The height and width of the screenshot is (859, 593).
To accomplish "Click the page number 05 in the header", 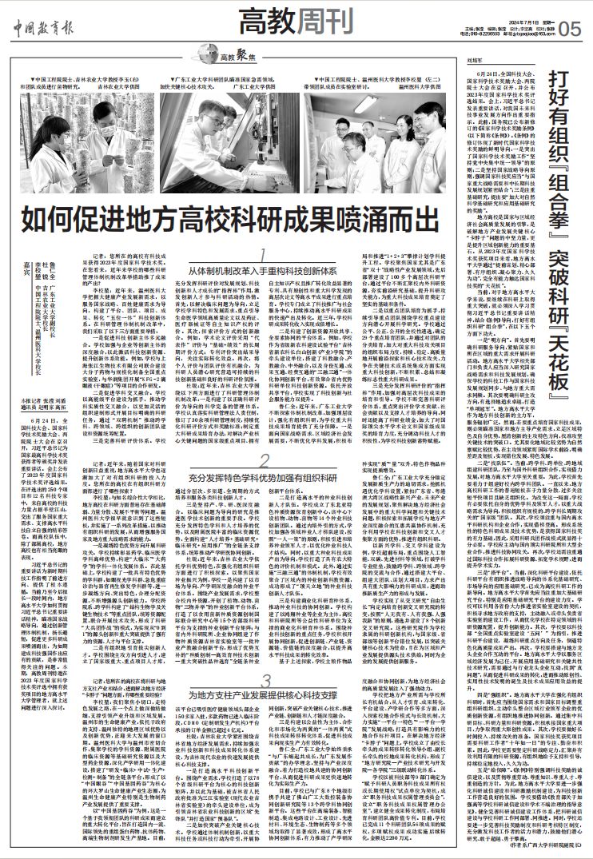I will (x=571, y=29).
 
